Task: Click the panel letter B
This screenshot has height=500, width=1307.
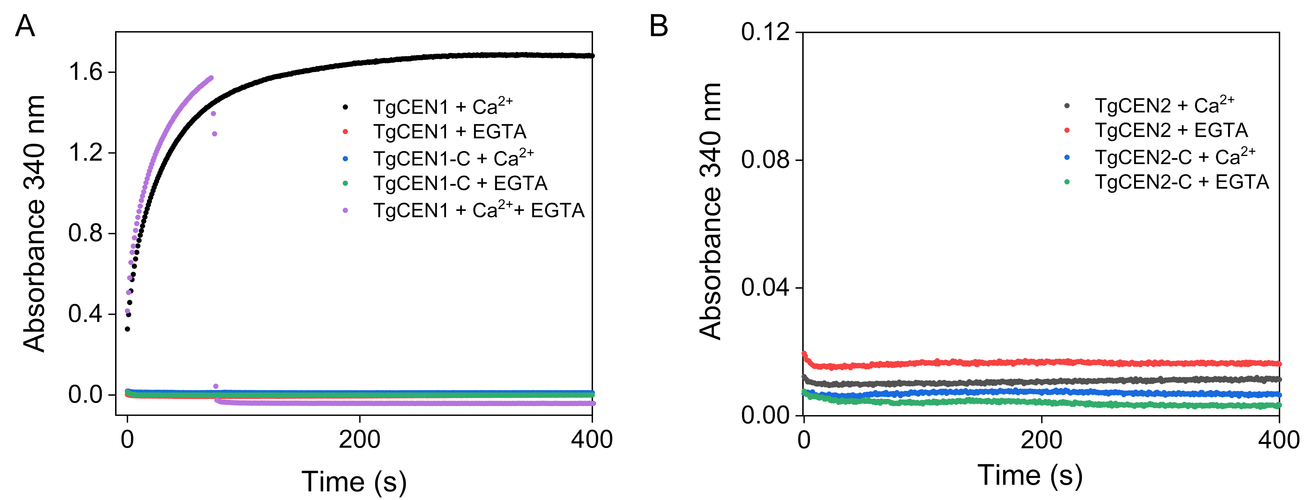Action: tap(659, 26)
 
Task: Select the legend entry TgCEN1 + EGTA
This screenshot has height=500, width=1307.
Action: tap(449, 132)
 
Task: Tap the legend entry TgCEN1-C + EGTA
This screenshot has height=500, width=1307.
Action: tap(460, 183)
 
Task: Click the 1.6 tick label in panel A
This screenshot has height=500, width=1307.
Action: tap(85, 72)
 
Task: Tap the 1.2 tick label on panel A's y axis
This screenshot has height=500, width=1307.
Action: tap(85, 153)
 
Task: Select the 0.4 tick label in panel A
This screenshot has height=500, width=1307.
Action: tap(85, 314)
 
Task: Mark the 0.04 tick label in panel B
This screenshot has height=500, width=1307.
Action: tap(765, 288)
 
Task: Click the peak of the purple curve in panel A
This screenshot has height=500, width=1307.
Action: tap(211, 78)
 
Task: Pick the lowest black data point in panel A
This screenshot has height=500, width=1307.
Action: tap(127, 329)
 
